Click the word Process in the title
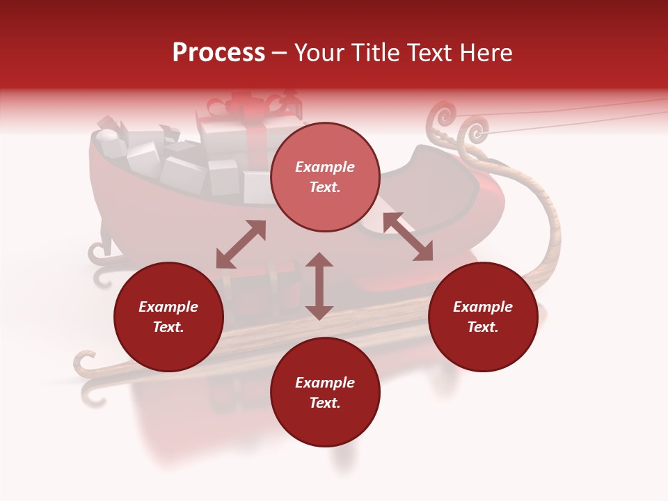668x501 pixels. [x=218, y=53]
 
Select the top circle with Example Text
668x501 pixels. [x=325, y=177]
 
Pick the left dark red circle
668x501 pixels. [x=168, y=317]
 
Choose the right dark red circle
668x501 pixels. [x=483, y=317]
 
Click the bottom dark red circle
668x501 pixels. [x=325, y=392]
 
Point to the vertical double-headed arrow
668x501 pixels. [x=319, y=286]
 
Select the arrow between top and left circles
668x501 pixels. [x=241, y=244]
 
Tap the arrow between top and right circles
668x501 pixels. [x=408, y=237]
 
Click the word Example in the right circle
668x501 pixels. [x=483, y=307]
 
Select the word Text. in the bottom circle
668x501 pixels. [x=325, y=403]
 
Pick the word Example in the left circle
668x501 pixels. [x=168, y=307]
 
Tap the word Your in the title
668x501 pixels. [x=319, y=53]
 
